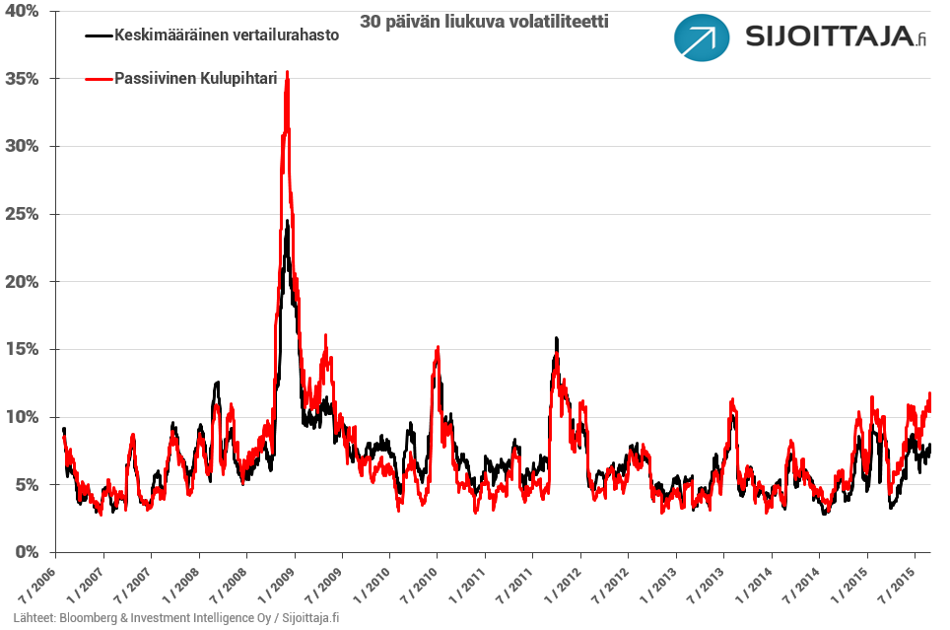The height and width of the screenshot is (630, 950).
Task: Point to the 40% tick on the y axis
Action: pos(22,11)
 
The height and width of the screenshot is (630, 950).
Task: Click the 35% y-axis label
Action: pos(22,79)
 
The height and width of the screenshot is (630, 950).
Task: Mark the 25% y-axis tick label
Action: pos(22,214)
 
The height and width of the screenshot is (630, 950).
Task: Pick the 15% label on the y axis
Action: pos(22,349)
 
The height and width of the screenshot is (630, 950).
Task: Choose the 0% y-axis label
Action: pos(26,552)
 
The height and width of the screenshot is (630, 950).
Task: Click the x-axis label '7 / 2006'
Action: pos(38,582)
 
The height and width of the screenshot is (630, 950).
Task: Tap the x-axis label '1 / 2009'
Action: pos(278,582)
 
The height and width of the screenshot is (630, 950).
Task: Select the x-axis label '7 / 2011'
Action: pos(517,582)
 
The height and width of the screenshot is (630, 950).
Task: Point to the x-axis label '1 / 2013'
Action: pos(661,582)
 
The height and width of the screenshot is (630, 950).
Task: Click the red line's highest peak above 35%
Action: pos(287,72)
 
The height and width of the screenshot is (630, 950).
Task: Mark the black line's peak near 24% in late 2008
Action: pos(287,222)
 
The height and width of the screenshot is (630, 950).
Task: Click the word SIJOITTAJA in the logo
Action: pos(826,40)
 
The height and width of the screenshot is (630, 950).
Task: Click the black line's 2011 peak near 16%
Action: pos(557,339)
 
